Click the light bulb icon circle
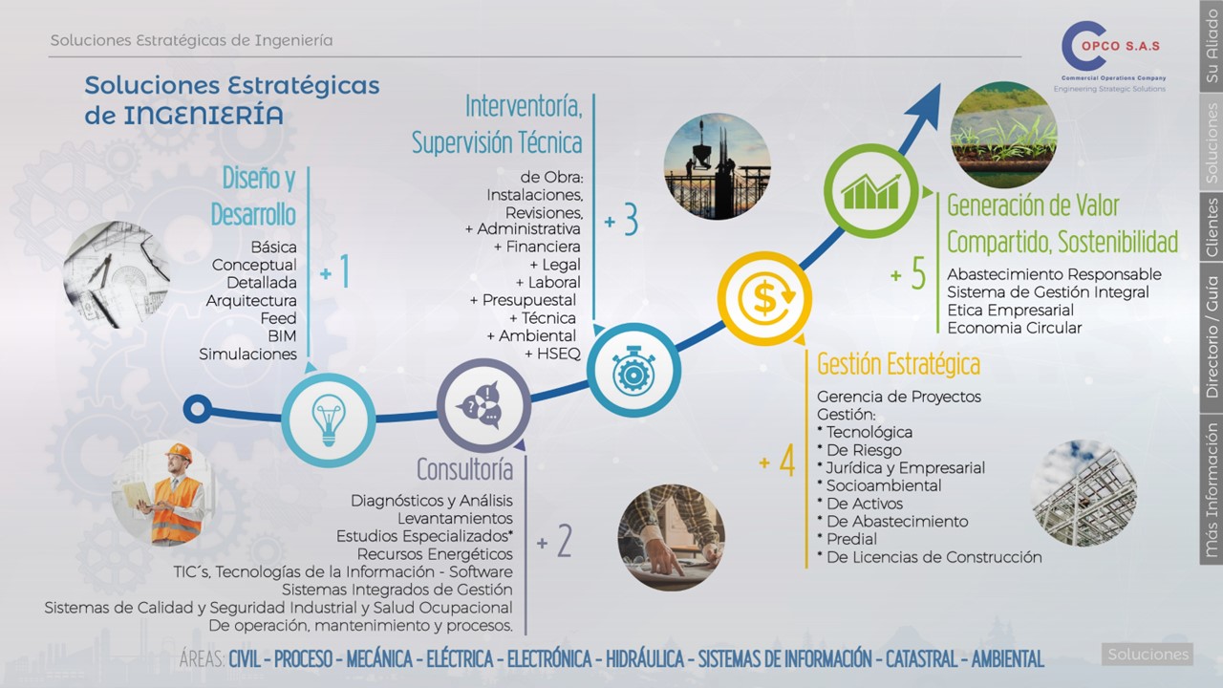pyautogui.click(x=328, y=419)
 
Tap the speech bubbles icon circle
pyautogui.click(x=483, y=406)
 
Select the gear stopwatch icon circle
pyautogui.click(x=633, y=371)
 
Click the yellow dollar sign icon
pyautogui.click(x=764, y=299)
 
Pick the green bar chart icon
pyautogui.click(x=870, y=190)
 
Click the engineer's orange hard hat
pyautogui.click(x=179, y=452)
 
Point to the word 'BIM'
pyautogui.click(x=282, y=335)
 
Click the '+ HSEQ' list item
pyautogui.click(x=552, y=354)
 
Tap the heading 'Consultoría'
pyautogui.click(x=465, y=469)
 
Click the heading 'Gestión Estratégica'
pyautogui.click(x=899, y=364)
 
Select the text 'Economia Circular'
pyautogui.click(x=1015, y=328)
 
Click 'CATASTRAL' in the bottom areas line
pyautogui.click(x=922, y=659)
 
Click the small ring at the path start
pyautogui.click(x=198, y=408)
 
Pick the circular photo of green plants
pyautogui.click(x=1003, y=135)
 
